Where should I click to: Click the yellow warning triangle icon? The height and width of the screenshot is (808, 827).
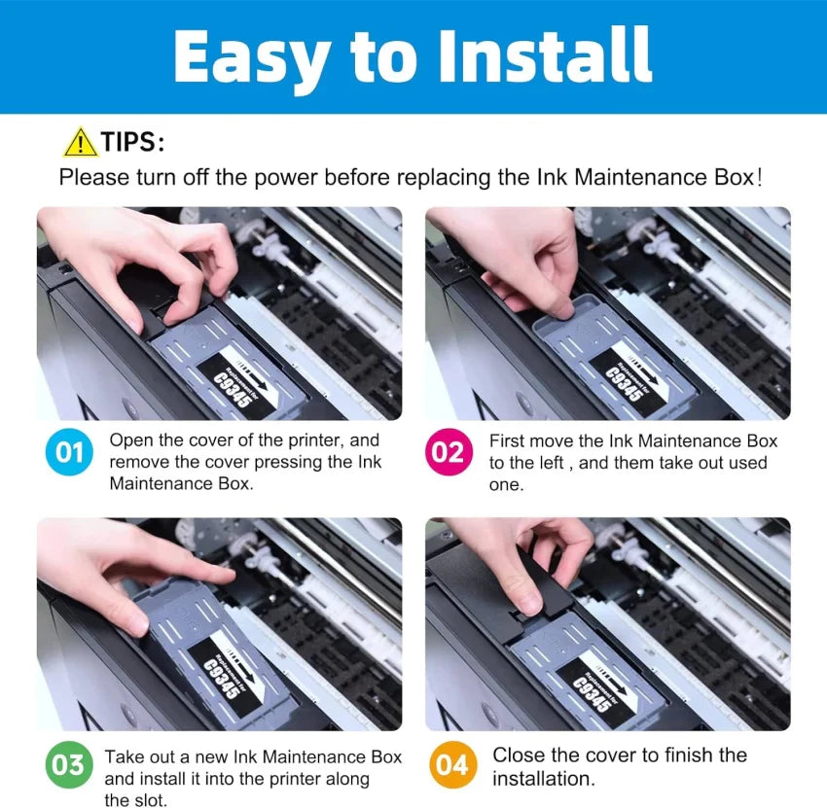click(x=80, y=142)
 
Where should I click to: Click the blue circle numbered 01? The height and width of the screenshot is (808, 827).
click(x=69, y=452)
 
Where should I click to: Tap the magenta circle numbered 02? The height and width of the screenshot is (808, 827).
click(x=449, y=452)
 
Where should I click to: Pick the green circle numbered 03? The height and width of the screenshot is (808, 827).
click(x=69, y=765)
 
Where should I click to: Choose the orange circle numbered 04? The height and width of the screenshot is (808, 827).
click(x=452, y=765)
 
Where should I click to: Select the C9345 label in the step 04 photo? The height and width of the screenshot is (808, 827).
click(x=592, y=694)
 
